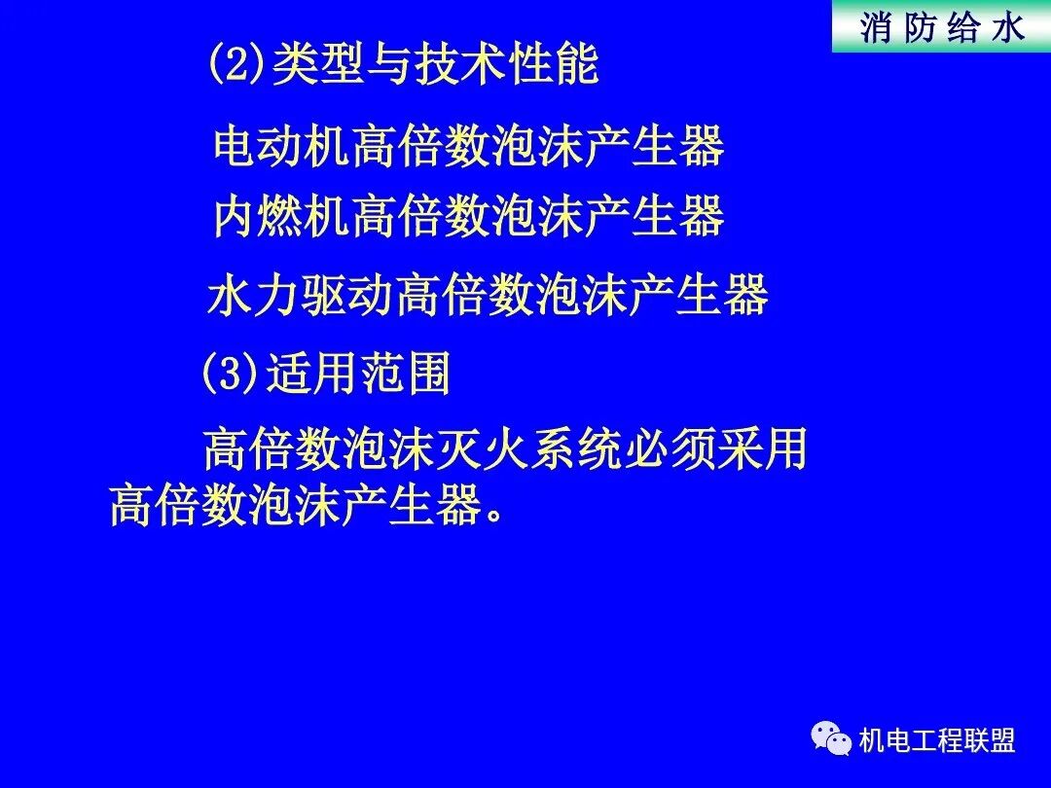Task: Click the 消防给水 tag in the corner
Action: click(942, 27)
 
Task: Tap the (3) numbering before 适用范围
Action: click(230, 374)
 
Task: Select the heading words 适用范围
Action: click(358, 374)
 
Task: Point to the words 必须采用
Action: click(736, 450)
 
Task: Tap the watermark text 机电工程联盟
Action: click(937, 741)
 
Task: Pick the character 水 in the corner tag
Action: click(1007, 27)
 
